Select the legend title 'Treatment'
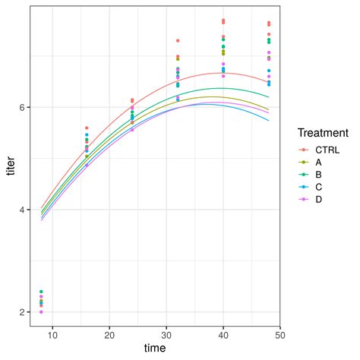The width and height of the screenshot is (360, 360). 323,132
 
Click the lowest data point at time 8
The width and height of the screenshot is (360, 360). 41,312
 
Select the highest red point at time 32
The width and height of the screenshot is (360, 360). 178,40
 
